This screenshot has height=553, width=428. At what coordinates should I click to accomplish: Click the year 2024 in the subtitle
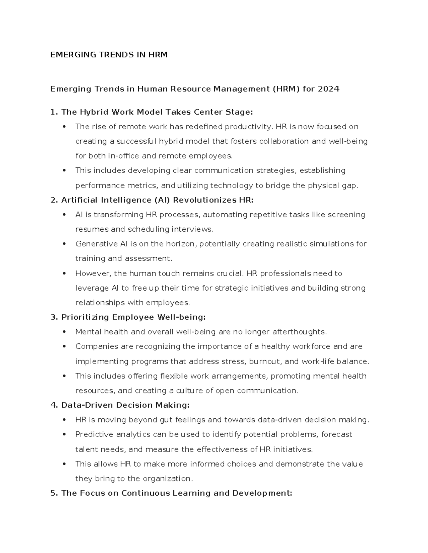pyautogui.click(x=328, y=89)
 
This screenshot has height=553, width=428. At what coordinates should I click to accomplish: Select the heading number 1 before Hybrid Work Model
pyautogui.click(x=53, y=112)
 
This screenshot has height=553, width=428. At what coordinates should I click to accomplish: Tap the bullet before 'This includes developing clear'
pyautogui.click(x=64, y=171)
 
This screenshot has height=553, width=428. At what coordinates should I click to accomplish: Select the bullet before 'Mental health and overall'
pyautogui.click(x=64, y=332)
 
